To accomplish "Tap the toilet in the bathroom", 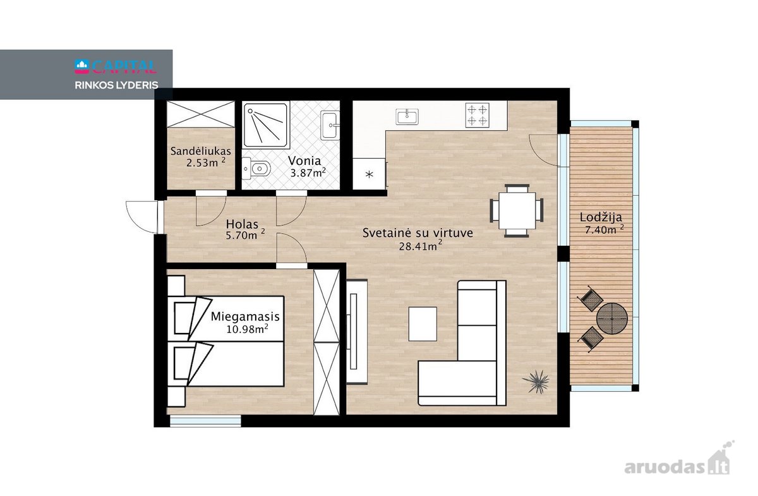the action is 256,168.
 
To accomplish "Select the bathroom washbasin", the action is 330,125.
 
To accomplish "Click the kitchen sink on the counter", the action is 407,117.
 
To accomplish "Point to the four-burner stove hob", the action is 477,115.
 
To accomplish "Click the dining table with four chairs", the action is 517,210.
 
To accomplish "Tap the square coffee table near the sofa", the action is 423,324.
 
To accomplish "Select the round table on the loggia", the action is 612,318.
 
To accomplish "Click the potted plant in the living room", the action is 536,382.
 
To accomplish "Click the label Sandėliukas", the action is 201,151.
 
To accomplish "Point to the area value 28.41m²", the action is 420,245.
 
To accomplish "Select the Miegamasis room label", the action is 245,317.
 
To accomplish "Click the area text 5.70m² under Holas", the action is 245,234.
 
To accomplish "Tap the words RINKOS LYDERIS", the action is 116,85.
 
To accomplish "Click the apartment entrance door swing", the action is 142,217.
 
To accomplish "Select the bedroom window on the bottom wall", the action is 205,421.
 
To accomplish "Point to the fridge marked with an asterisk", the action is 369,174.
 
